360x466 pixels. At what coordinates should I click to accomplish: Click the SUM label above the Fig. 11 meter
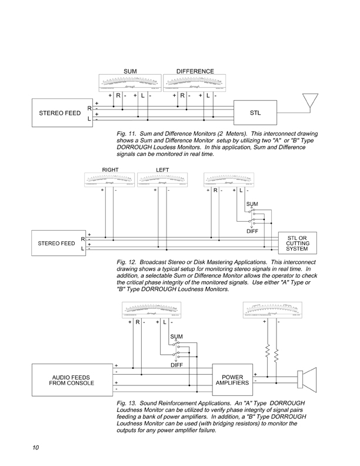[130, 71]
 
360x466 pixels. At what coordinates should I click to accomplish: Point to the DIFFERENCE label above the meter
[196, 71]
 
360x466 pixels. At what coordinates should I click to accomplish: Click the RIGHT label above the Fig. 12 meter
[111, 169]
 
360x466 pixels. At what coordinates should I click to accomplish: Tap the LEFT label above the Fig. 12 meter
[162, 169]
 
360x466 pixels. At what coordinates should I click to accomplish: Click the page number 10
[36, 448]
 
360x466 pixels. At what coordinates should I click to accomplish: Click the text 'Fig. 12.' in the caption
[128, 260]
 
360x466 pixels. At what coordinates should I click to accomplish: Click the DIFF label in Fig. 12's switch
[252, 232]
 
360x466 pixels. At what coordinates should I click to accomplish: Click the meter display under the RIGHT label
[111, 179]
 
